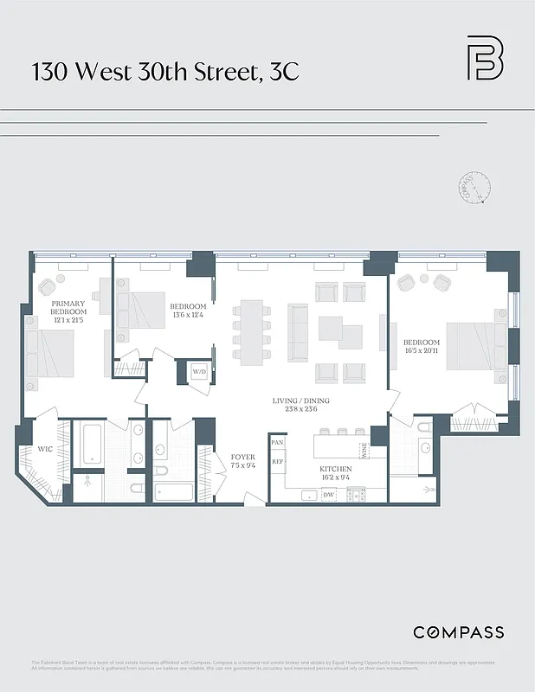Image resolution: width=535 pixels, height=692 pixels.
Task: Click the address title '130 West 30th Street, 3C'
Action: click(165, 71)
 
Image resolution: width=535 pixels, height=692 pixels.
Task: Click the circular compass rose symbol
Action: click(474, 188)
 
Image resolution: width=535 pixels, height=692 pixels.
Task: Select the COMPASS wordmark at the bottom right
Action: click(458, 632)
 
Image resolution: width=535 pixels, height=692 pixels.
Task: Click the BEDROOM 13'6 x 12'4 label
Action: click(188, 311)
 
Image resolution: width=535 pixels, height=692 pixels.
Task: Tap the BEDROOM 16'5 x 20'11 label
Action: click(422, 347)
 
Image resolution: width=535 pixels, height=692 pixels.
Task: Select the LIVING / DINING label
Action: click(300, 406)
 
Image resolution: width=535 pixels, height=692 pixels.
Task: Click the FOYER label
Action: click(242, 462)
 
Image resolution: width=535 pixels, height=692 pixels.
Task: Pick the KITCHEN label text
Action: click(335, 473)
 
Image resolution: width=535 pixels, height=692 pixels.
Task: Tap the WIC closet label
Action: click(44, 449)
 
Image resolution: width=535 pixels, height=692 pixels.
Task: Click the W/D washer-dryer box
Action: click(198, 373)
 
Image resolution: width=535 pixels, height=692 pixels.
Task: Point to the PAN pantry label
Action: click(278, 443)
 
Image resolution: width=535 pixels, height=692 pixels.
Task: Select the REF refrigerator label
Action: click(278, 462)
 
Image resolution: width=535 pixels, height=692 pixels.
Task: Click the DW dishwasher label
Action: click(329, 496)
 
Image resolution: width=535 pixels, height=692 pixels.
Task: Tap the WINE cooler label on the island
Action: click(365, 450)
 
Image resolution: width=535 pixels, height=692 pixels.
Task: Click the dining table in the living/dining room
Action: click(251, 332)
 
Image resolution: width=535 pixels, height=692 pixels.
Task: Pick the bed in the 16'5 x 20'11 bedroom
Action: click(473, 347)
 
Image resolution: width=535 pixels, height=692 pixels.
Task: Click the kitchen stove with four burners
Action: click(356, 496)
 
